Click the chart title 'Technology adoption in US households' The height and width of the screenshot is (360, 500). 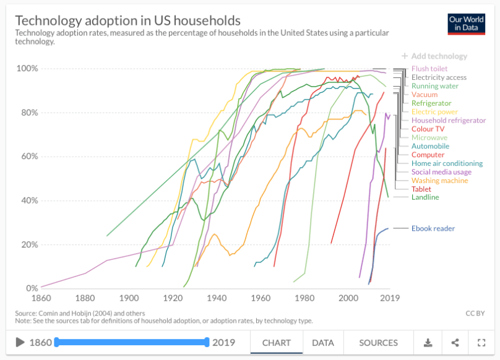coord(127,20)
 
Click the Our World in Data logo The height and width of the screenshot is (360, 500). coord(466,24)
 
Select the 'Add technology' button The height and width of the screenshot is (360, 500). coord(434,56)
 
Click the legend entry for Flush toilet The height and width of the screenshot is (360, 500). coord(429,69)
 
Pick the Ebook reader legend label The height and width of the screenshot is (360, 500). coord(433,228)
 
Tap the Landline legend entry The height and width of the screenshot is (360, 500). coord(425,197)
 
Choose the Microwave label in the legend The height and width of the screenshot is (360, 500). coord(429,137)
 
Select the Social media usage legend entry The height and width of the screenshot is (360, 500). coord(441,172)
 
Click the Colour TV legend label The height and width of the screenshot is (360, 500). coord(428,129)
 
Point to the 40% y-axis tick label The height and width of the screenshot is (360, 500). coord(28,200)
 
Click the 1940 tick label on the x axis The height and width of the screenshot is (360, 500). coord(217,298)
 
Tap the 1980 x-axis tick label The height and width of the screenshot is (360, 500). coord(304,298)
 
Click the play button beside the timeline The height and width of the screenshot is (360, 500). coord(20,343)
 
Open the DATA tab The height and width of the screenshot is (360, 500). coord(322,343)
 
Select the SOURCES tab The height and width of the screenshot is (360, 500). coord(378,343)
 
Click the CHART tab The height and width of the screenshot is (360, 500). coord(277,343)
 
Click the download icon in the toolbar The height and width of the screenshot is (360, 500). coord(428,343)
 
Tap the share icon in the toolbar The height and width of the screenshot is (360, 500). coord(455,343)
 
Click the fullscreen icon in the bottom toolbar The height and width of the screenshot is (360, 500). coord(481,343)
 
